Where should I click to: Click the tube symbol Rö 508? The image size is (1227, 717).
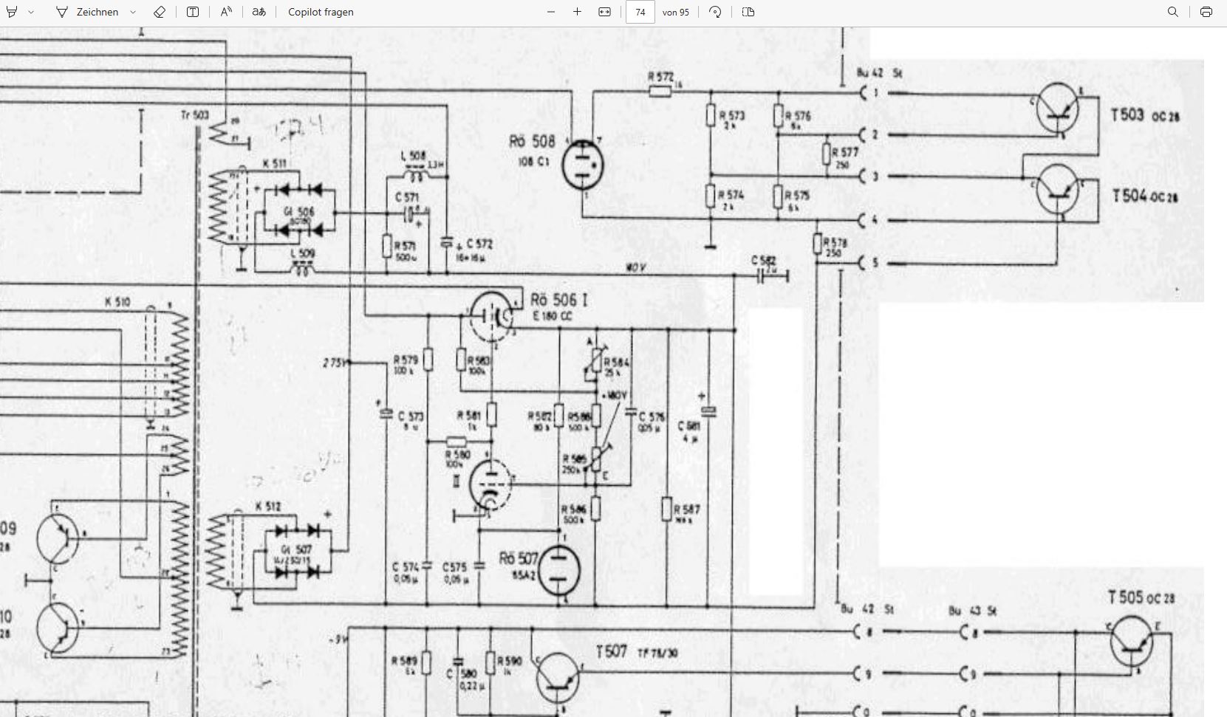582,164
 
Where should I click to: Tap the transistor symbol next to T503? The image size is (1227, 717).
1057,109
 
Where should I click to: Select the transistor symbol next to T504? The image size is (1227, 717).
1057,191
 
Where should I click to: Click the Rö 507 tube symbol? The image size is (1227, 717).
559,571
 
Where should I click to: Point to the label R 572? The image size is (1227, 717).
660,77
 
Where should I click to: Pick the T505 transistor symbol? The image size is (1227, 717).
1132,642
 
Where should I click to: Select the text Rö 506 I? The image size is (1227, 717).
559,300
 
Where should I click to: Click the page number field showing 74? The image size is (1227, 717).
640,12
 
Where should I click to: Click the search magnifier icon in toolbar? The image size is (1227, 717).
1172,12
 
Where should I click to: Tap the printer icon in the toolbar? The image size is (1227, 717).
1206,12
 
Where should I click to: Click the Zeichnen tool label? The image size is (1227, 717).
97,12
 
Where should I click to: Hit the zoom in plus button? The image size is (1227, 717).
577,12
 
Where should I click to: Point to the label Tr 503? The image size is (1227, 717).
195,115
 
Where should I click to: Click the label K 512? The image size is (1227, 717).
267,507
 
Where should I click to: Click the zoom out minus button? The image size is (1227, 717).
551,12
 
